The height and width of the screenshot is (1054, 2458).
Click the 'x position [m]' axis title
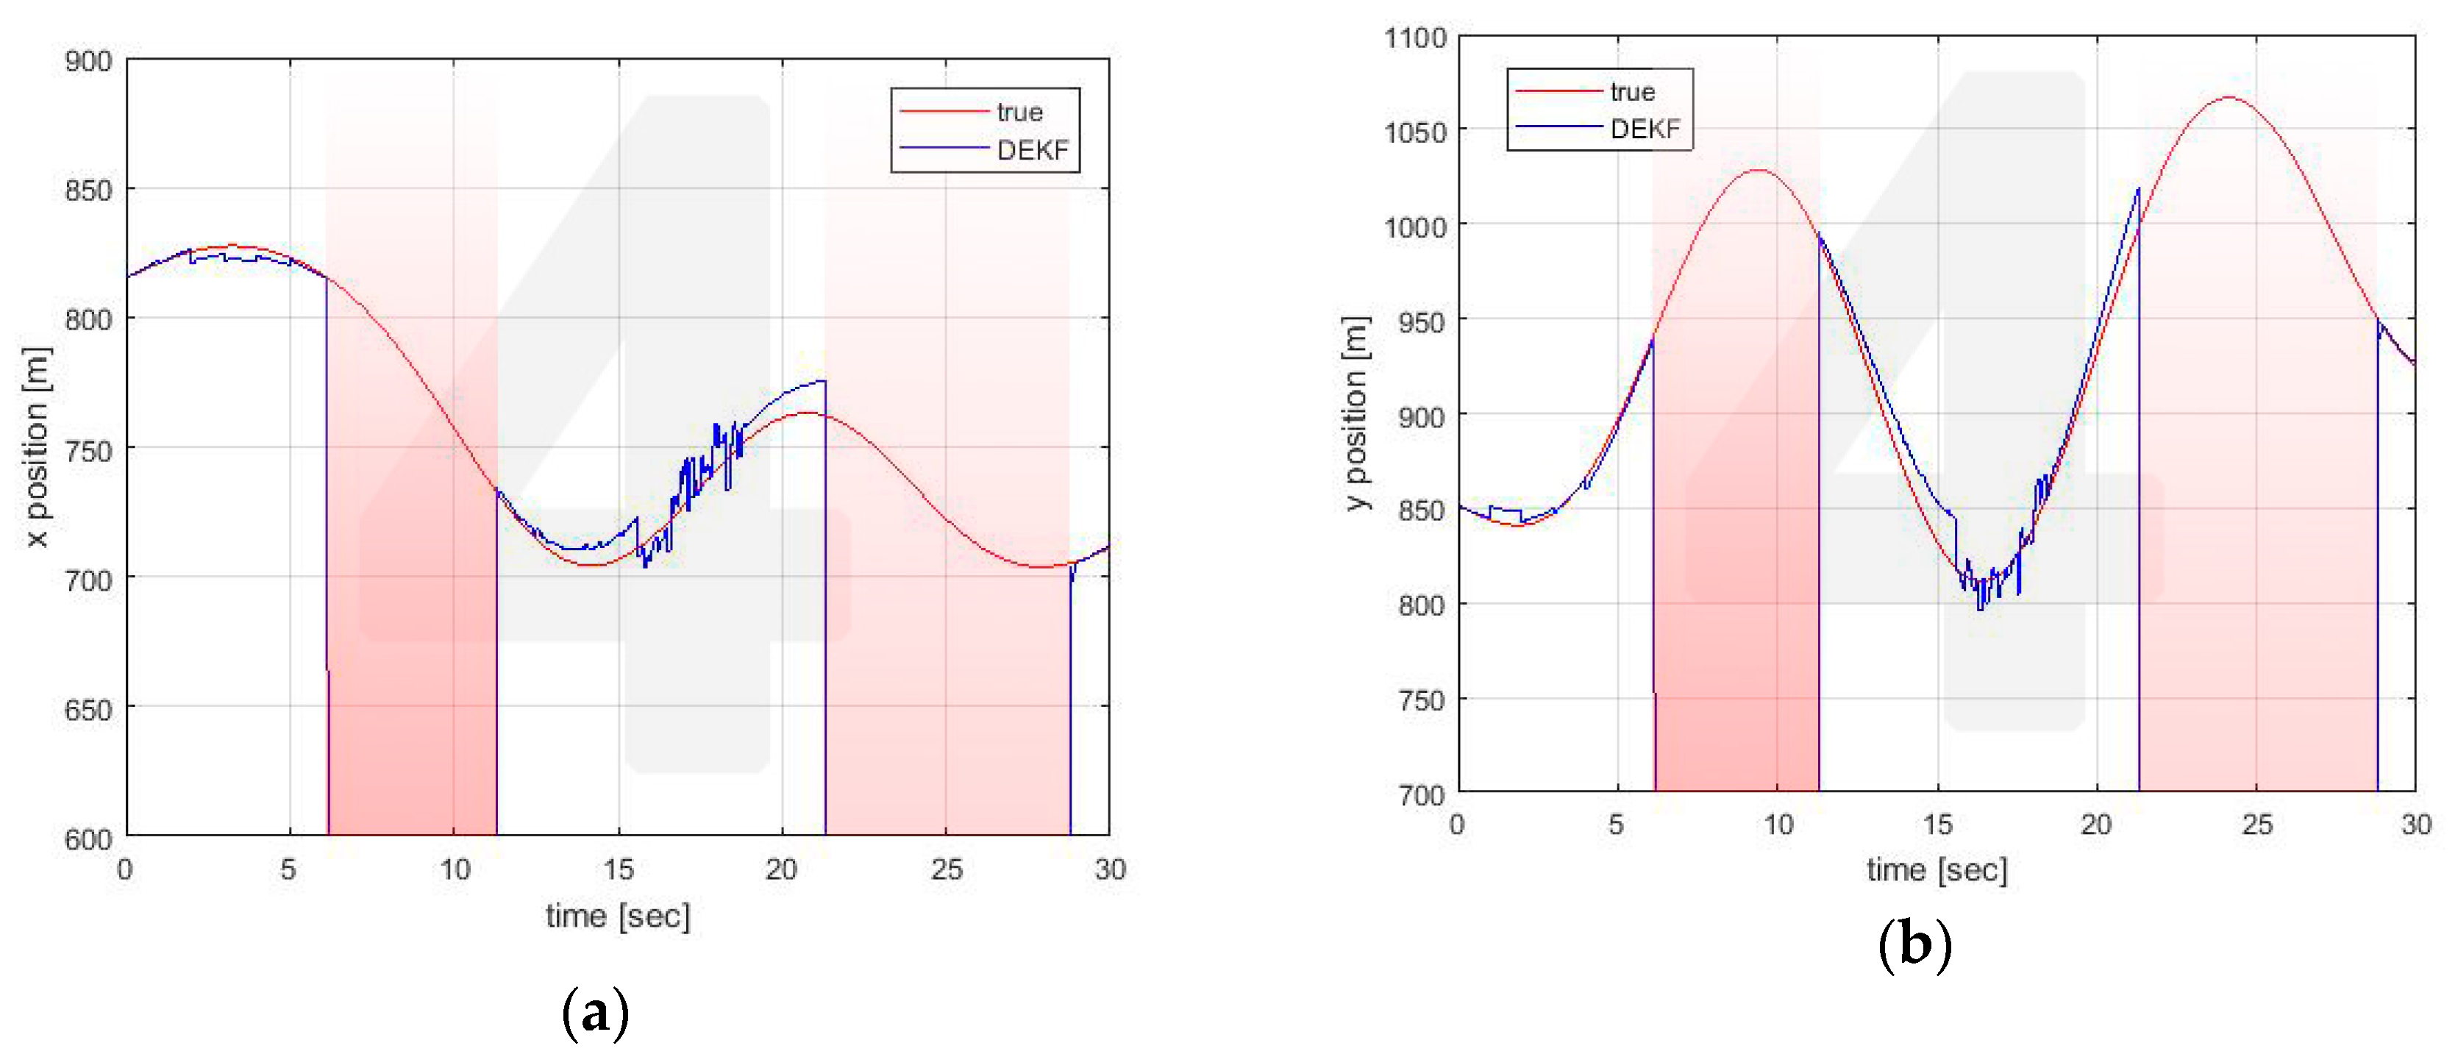(36, 446)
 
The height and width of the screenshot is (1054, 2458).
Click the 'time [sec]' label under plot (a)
(617, 916)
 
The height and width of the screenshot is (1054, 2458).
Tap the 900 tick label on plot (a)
(88, 62)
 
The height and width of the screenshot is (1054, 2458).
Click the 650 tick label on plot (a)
(88, 710)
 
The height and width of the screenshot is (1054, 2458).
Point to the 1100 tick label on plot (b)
(1415, 38)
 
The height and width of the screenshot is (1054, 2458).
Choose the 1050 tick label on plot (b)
(1415, 132)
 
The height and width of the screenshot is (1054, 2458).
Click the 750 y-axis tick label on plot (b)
(1422, 700)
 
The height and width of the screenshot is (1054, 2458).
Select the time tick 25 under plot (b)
(2256, 824)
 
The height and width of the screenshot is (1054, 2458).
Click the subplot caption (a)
(596, 1012)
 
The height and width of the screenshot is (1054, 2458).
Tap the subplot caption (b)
(1914, 944)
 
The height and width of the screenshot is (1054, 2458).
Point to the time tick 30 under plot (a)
(1110, 869)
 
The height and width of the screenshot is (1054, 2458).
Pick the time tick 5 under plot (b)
(1617, 824)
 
